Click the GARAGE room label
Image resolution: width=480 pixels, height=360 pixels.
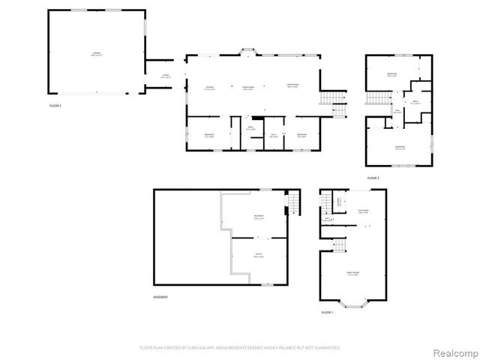coord(97,53)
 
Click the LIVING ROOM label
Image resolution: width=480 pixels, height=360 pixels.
coord(292,85)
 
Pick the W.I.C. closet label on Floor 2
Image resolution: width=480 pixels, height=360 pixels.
coord(274,135)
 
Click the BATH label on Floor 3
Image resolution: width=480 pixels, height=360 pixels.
coord(415,103)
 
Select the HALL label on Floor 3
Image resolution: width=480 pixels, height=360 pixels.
coord(398,112)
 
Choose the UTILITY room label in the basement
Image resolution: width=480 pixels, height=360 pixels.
coord(258,255)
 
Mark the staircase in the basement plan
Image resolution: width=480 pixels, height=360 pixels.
coord(293,202)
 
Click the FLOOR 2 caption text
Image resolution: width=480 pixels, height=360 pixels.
coord(55,106)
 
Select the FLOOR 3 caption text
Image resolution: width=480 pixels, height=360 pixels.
coord(373,178)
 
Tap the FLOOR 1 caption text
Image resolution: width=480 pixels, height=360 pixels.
coord(326,311)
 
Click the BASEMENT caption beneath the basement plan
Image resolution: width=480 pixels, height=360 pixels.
coord(160,297)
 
